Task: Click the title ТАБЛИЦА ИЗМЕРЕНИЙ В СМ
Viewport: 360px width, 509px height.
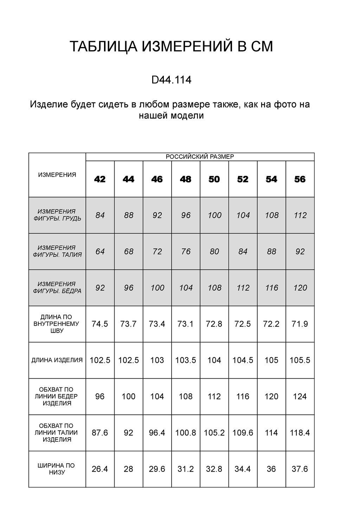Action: pos(171,47)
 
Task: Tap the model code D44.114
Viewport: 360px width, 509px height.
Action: pos(171,80)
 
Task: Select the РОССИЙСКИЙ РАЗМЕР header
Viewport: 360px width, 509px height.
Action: pos(200,157)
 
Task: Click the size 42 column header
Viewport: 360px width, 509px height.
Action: pos(100,179)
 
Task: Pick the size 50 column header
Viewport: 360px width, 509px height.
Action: pos(214,179)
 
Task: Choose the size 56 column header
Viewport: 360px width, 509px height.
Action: pos(300,179)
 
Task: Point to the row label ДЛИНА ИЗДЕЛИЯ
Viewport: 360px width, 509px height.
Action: pos(57,360)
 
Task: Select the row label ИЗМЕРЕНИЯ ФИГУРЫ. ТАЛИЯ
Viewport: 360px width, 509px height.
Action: pos(57,251)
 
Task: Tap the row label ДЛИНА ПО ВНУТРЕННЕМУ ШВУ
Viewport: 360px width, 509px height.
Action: pos(57,324)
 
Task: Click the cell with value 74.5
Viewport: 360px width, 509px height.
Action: pos(100,324)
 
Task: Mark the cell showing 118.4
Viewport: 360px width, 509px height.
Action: pos(300,433)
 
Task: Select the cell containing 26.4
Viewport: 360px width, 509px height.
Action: pos(100,469)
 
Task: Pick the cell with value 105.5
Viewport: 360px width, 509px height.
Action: pos(300,360)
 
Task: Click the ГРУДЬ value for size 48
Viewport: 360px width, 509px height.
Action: pos(186,215)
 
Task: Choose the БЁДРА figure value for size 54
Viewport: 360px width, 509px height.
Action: pos(271,288)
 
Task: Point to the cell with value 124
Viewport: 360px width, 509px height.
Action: pos(300,397)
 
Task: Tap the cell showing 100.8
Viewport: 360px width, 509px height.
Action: pos(186,433)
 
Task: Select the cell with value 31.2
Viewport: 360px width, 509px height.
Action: pos(186,469)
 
